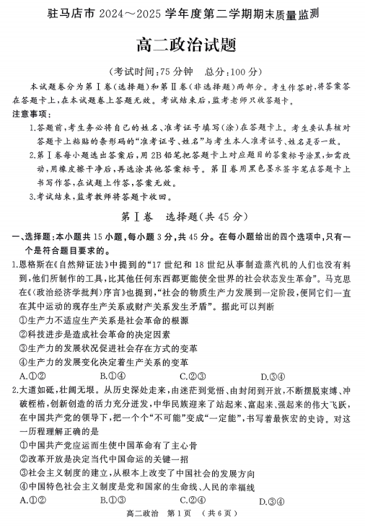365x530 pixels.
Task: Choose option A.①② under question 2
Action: (33, 500)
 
